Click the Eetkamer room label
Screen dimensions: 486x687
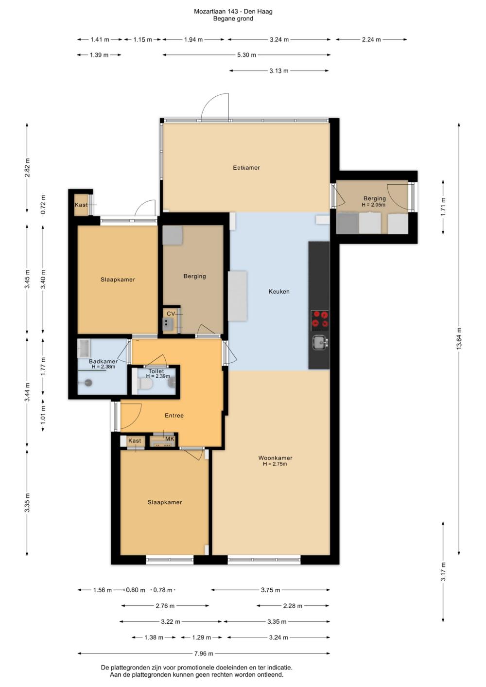pyautogui.click(x=246, y=168)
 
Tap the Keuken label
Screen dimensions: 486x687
pyautogui.click(x=279, y=291)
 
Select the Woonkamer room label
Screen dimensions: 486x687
pyautogui.click(x=275, y=458)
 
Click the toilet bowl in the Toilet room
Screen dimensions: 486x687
pyautogui.click(x=146, y=384)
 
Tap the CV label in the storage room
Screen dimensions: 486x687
pyautogui.click(x=171, y=314)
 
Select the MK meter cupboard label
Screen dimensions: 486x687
pyautogui.click(x=170, y=439)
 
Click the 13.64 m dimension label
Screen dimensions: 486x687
pyautogui.click(x=459, y=338)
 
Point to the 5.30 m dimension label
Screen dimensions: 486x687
pyautogui.click(x=246, y=55)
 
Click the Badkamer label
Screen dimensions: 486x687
pyautogui.click(x=103, y=362)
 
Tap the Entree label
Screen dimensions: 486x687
pyautogui.click(x=174, y=416)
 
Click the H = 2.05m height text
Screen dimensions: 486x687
pyautogui.click(x=373, y=205)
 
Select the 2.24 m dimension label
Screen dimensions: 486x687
pyautogui.click(x=371, y=39)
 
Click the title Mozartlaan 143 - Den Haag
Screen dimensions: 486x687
pyautogui.click(x=233, y=12)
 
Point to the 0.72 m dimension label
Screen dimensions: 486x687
pyautogui.click(x=43, y=205)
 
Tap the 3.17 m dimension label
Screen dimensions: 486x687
pyautogui.click(x=443, y=571)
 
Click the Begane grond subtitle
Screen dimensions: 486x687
pyautogui.click(x=233, y=18)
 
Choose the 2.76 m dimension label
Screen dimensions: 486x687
pyautogui.click(x=165, y=606)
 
